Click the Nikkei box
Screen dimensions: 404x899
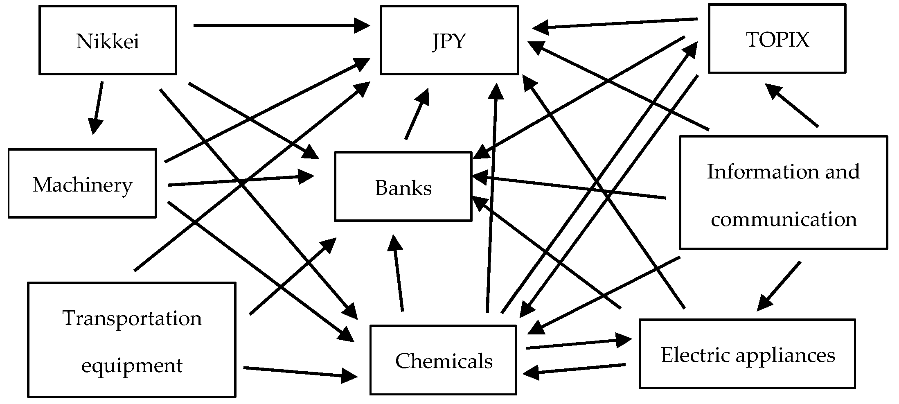(x=108, y=40)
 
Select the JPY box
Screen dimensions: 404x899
(x=449, y=40)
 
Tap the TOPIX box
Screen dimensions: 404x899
(x=777, y=39)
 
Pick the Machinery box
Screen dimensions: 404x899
(x=82, y=183)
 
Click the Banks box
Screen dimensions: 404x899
(x=403, y=187)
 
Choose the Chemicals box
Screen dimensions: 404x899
(x=443, y=360)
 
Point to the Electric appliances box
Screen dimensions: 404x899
(x=747, y=354)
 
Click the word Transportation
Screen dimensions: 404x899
(x=132, y=318)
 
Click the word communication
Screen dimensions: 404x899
(x=783, y=219)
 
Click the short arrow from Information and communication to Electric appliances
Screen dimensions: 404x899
(x=779, y=285)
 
